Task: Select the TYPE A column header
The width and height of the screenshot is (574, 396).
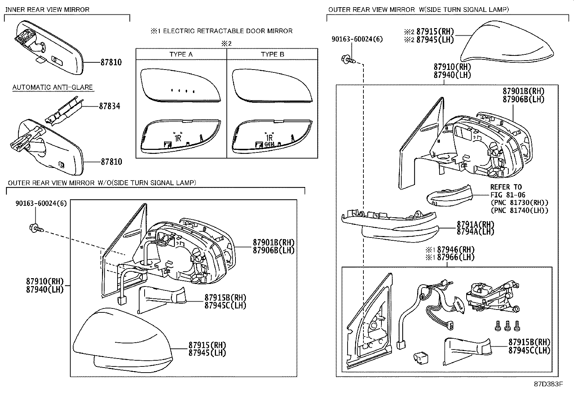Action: pyautogui.click(x=181, y=54)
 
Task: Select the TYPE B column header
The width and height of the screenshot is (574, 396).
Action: pyautogui.click(x=273, y=54)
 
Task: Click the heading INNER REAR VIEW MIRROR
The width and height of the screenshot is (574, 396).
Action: pyautogui.click(x=47, y=10)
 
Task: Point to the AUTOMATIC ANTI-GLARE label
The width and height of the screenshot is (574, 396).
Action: pyautogui.click(x=53, y=88)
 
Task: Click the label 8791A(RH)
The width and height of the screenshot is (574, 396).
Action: pyautogui.click(x=475, y=224)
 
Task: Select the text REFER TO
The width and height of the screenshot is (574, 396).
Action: pyautogui.click(x=506, y=187)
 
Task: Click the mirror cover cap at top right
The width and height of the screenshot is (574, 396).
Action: pyautogui.click(x=507, y=42)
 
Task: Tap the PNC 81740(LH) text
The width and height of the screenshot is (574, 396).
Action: pyautogui.click(x=519, y=210)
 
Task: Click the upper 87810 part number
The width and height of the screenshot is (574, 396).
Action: pyautogui.click(x=111, y=62)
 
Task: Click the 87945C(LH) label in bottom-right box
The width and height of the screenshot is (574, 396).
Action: pyautogui.click(x=529, y=350)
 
